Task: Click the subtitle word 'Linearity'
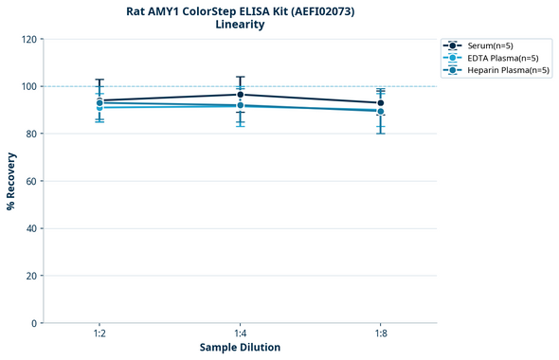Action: pyautogui.click(x=240, y=25)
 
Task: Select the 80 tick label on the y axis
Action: pyautogui.click(x=31, y=134)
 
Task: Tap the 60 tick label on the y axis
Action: pyautogui.click(x=31, y=181)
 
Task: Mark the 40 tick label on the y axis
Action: pyautogui.click(x=31, y=228)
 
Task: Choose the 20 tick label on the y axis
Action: pyautogui.click(x=31, y=276)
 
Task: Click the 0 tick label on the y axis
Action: pyautogui.click(x=34, y=323)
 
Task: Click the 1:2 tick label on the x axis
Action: pyautogui.click(x=99, y=334)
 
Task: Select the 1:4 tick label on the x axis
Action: pyautogui.click(x=240, y=334)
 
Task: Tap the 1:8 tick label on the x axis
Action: pyautogui.click(x=381, y=334)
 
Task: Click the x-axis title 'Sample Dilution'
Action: pyautogui.click(x=240, y=348)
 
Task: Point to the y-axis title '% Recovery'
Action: pyautogui.click(x=11, y=181)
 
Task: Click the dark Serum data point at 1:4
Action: pyautogui.click(x=241, y=95)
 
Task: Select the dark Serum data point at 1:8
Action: pyautogui.click(x=381, y=103)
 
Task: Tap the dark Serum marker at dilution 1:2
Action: pyautogui.click(x=99, y=100)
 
